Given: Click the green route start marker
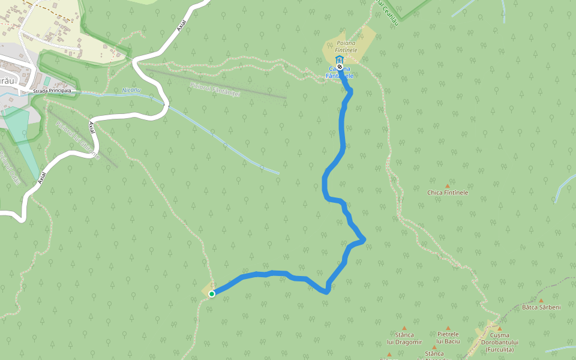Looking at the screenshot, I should (x=212, y=293).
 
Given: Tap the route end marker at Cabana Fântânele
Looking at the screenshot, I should (x=340, y=67).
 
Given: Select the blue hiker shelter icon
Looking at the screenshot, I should (x=340, y=60).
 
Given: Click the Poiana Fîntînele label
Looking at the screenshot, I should (x=346, y=47).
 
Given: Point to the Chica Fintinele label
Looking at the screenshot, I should (x=448, y=193).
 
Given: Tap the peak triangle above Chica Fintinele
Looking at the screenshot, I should (x=448, y=185).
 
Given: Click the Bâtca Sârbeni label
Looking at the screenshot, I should (x=541, y=307).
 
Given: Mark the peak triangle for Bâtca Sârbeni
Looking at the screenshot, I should (x=541, y=301).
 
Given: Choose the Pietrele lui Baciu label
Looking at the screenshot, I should (x=448, y=338).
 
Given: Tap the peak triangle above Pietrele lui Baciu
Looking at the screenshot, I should (x=448, y=328).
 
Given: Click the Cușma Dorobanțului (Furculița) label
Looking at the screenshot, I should (x=499, y=342).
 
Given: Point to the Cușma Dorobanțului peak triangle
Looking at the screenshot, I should (x=499, y=329).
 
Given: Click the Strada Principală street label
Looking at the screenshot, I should (x=53, y=91).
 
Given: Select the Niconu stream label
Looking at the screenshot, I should (x=131, y=90).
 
